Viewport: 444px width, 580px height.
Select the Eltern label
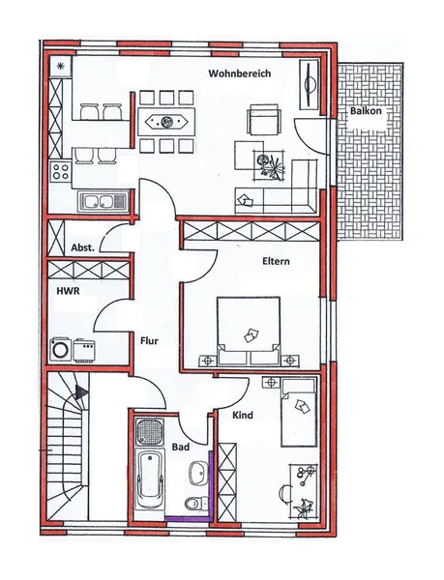coord(276,261)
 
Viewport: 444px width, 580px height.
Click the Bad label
coord(181,448)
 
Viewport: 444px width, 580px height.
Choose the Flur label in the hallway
coord(149,340)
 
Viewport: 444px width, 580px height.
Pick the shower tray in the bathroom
coord(150,432)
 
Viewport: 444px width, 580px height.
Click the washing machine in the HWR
coord(60,348)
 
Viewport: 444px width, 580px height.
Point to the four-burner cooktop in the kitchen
coord(60,174)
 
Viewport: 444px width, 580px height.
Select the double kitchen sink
coord(99,202)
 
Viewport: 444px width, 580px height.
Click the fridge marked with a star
coord(61,67)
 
